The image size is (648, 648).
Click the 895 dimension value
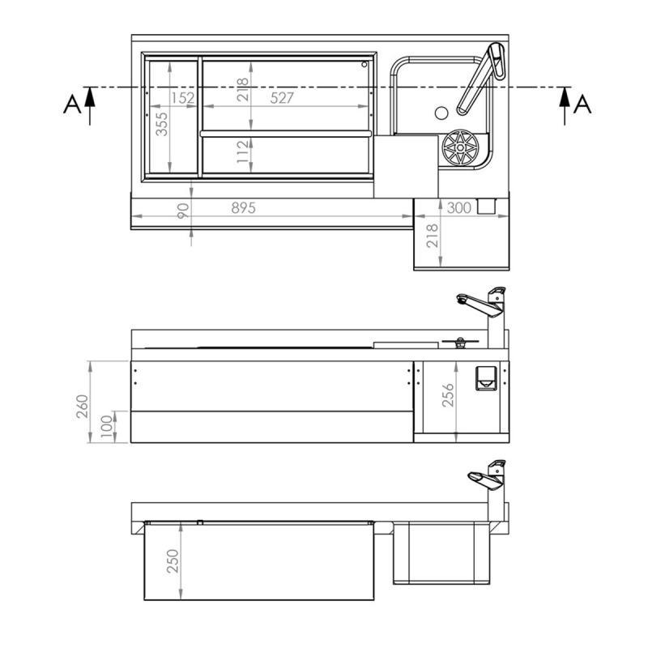242,208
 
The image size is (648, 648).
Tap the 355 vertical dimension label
161,123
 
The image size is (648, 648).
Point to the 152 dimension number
183,97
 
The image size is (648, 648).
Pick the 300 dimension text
458,208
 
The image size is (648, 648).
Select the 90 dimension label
183,212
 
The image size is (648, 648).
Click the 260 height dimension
82,402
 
